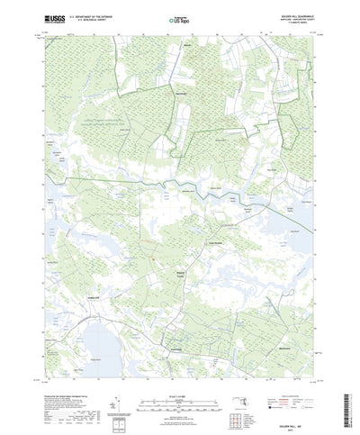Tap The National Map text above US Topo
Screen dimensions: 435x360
click(181, 14)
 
